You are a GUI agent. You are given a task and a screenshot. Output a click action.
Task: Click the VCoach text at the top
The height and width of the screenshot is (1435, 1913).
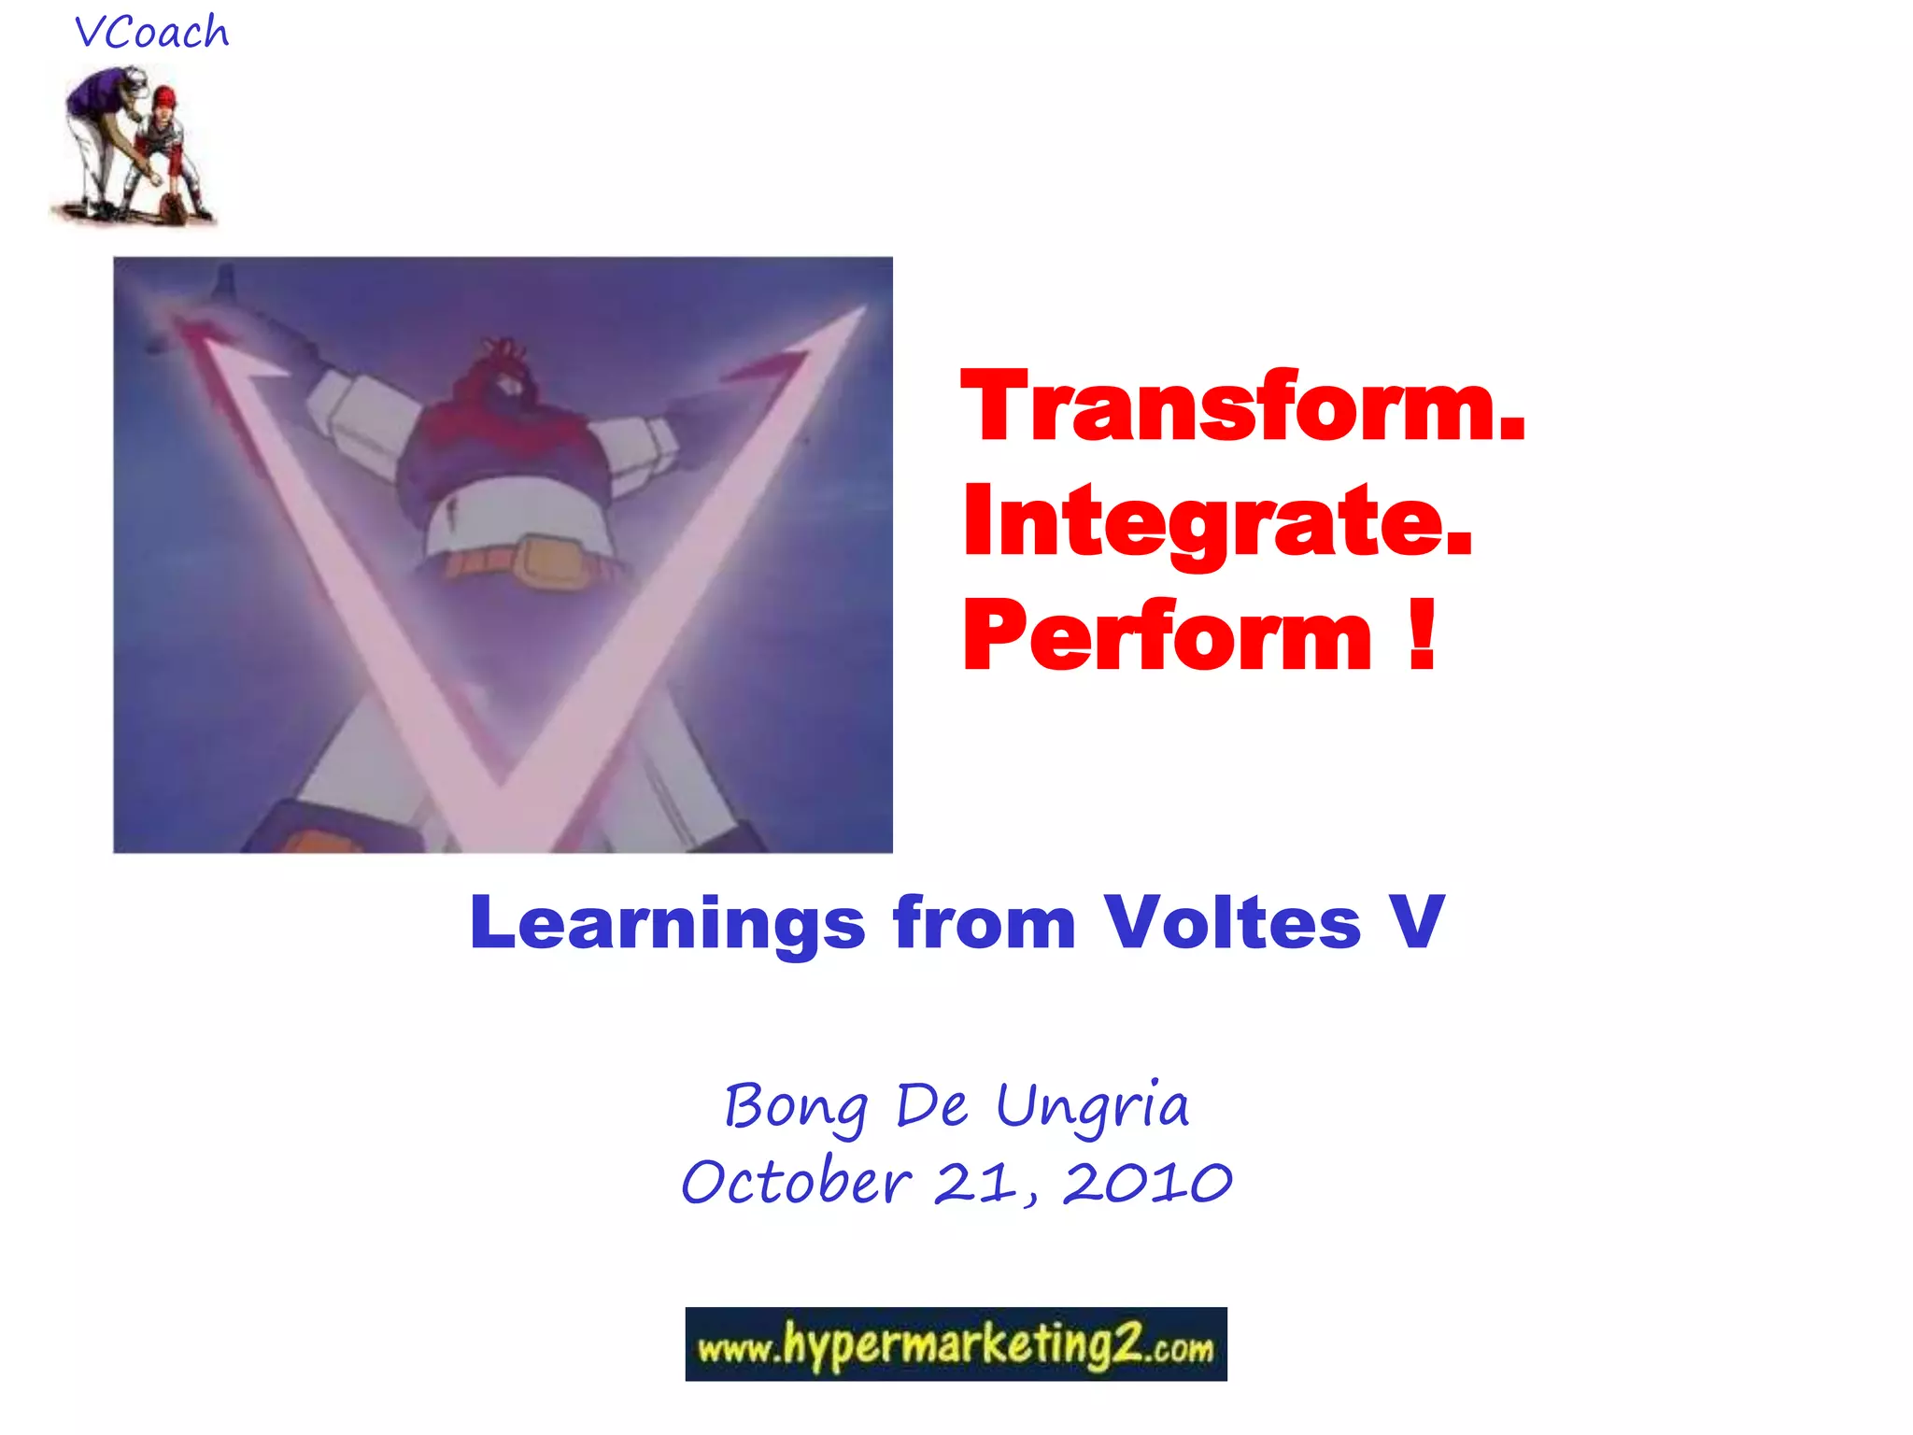(151, 33)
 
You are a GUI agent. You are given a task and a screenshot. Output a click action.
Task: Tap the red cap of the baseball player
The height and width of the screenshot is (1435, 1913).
(165, 96)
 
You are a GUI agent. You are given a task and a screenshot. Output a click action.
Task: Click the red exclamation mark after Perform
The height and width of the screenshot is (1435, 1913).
(1421, 635)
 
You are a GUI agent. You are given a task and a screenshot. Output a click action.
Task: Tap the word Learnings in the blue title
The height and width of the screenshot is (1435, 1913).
(667, 923)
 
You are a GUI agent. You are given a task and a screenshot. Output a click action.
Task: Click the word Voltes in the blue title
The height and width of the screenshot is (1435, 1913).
(1232, 923)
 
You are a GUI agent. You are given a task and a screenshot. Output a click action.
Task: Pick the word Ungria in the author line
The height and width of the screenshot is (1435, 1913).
(1092, 1108)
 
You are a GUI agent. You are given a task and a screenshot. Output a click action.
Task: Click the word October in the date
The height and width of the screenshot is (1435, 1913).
(796, 1183)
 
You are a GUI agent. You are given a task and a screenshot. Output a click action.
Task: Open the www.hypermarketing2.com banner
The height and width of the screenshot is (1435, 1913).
(956, 1343)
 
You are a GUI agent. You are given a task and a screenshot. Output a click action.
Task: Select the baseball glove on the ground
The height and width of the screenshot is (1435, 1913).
(172, 208)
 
